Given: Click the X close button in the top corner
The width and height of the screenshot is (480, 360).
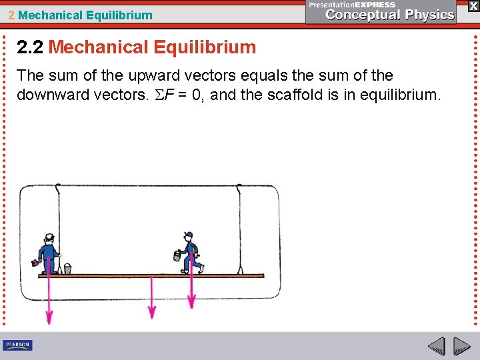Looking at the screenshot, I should pos(473,6).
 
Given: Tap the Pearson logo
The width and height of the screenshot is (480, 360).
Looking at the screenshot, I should pos(18,345).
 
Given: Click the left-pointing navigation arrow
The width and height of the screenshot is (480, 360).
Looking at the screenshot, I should pos(436,346).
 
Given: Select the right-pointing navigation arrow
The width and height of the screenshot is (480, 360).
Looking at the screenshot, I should pos(461,346).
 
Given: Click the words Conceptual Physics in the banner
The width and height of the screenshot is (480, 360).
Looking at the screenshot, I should pos(390,15).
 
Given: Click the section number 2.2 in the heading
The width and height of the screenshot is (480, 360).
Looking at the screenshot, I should pos(30,47).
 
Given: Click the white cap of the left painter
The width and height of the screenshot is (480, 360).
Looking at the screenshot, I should pos(48,237).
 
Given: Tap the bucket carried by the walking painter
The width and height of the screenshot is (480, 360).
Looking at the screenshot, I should pos(177,255).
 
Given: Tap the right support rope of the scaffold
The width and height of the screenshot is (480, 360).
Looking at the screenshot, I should pos(239,227).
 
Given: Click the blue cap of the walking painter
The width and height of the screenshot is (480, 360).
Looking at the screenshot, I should pos(189,235).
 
